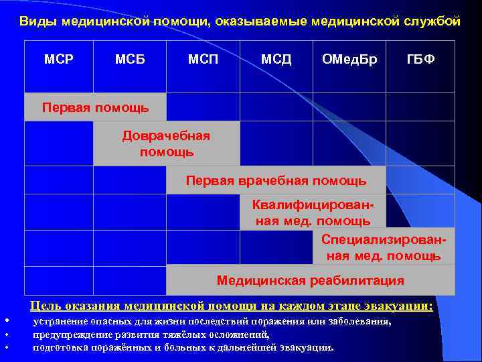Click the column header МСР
pyautogui.click(x=58, y=60)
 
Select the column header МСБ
pyautogui.click(x=130, y=60)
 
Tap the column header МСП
pyautogui.click(x=203, y=60)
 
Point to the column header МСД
pyautogui.click(x=276, y=60)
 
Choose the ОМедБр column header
pyautogui.click(x=349, y=60)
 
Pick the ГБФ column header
pyautogui.click(x=421, y=60)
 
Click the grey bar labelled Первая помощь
pyautogui.click(x=95, y=107)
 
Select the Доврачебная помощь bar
pyautogui.click(x=166, y=143)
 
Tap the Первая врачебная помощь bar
pyautogui.click(x=276, y=180)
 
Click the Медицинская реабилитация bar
pyautogui.click(x=310, y=280)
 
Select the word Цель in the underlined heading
pyautogui.click(x=44, y=306)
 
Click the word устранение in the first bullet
pyautogui.click(x=61, y=322)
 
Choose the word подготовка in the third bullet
pyautogui.click(x=60, y=347)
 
